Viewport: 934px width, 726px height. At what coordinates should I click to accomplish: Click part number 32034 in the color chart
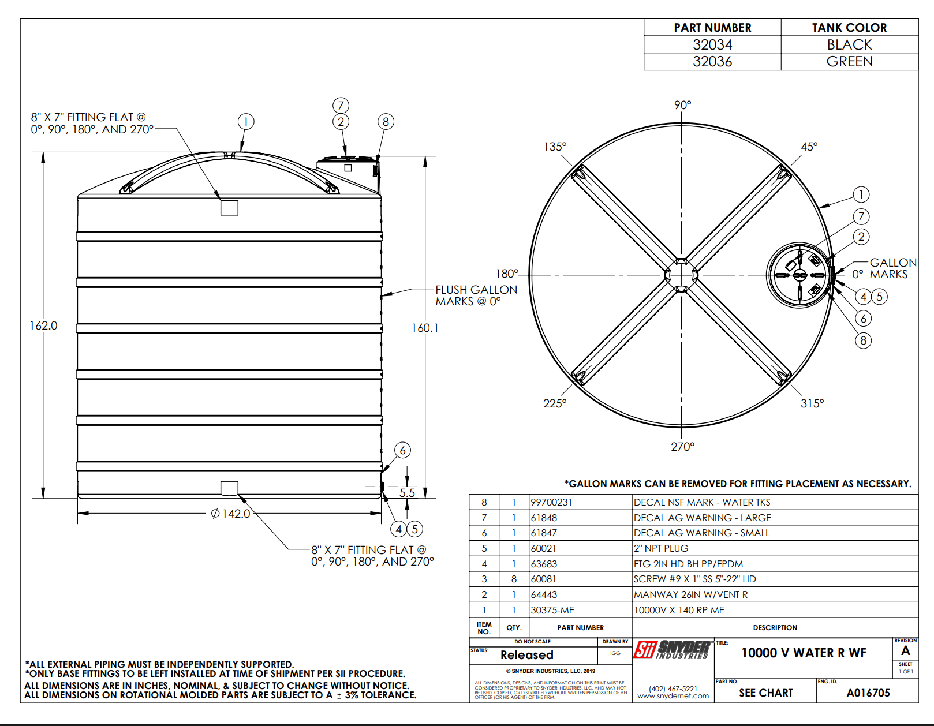pos(712,45)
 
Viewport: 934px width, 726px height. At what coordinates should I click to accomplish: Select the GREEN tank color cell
pos(849,62)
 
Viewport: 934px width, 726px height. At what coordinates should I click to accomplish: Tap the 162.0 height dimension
pos(44,325)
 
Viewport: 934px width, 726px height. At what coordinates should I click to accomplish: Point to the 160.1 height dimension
pos(425,328)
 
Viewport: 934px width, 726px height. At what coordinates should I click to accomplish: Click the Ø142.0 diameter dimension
pos(231,514)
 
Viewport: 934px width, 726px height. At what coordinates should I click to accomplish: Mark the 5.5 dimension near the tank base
pos(407,493)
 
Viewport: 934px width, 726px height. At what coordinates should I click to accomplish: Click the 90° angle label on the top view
pos(682,105)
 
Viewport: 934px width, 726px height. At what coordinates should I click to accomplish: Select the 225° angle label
pos(555,403)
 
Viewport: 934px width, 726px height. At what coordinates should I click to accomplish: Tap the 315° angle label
pos(812,403)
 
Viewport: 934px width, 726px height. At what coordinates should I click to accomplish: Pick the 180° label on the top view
pos(507,274)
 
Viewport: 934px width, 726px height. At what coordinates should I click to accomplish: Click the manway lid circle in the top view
pos(799,275)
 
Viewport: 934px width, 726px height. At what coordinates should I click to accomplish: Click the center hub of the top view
pos(682,275)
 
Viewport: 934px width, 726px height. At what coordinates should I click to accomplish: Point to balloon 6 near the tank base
pos(402,450)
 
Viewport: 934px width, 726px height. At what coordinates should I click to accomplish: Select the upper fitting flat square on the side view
pos(229,207)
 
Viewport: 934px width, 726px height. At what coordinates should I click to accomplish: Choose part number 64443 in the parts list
pos(544,594)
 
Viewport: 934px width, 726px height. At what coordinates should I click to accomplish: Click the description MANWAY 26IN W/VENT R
pos(690,594)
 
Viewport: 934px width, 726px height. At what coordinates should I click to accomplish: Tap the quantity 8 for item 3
pos(514,579)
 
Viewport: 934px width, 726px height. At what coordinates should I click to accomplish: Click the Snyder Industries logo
pos(673,650)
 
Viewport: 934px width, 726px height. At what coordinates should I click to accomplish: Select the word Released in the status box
pos(526,655)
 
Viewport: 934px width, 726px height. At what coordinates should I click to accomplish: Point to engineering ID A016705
pos(868,693)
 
